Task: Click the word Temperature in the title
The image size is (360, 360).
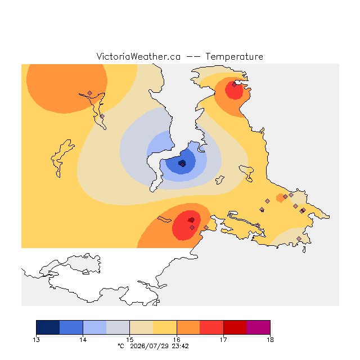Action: click(x=234, y=56)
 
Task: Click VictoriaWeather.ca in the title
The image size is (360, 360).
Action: click(x=138, y=56)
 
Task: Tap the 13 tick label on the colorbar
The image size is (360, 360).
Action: click(x=36, y=340)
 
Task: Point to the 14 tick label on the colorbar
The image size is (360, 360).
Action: click(x=83, y=340)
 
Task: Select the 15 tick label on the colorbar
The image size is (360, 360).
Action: click(x=130, y=340)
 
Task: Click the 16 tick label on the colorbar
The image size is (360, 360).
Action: click(x=177, y=340)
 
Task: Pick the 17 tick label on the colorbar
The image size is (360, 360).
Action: click(x=223, y=340)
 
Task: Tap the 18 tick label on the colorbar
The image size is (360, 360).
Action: click(x=270, y=340)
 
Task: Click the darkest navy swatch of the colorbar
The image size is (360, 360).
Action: click(x=48, y=327)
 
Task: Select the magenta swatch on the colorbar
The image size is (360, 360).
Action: click(x=258, y=327)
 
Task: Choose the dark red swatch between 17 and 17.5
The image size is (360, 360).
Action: click(x=235, y=327)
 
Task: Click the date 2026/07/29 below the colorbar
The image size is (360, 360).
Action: click(x=150, y=346)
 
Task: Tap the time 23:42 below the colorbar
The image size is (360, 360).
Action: click(x=180, y=346)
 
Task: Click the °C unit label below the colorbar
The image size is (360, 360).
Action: click(x=121, y=346)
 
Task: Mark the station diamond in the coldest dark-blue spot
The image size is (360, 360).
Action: click(x=182, y=164)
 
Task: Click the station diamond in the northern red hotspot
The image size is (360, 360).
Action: click(x=234, y=85)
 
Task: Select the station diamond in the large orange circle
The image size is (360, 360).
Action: click(x=89, y=93)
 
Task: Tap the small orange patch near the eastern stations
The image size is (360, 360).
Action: click(x=280, y=198)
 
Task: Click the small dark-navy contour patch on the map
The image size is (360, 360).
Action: click(x=182, y=163)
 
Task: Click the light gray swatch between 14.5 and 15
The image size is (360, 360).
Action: click(x=118, y=327)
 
